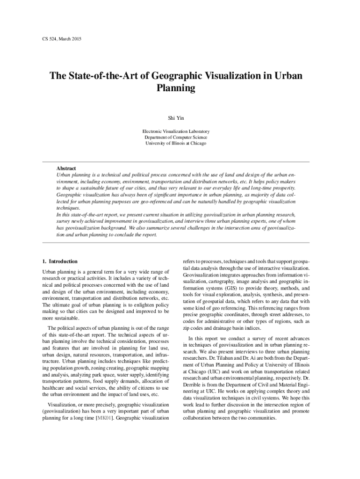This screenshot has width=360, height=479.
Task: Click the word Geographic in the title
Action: pyautogui.click(x=186, y=75)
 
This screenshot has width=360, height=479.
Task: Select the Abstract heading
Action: pyautogui.click(x=66, y=168)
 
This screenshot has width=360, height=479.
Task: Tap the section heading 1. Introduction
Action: pyautogui.click(x=60, y=261)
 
